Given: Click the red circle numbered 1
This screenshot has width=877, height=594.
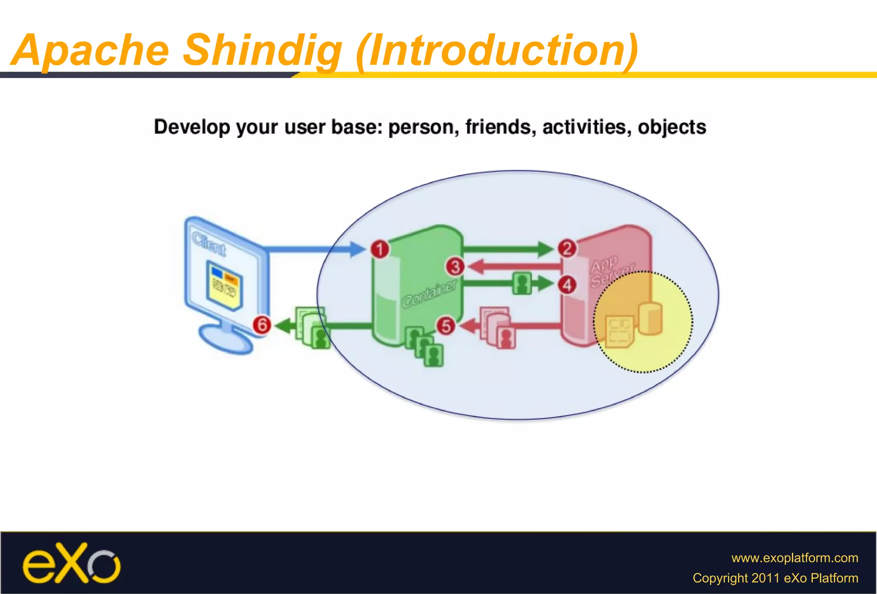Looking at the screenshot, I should [x=379, y=249].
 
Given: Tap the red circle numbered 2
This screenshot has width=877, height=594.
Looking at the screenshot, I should [x=567, y=248].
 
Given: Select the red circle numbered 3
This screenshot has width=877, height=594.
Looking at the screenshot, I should [x=455, y=267].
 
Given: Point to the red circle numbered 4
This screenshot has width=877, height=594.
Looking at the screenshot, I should [x=567, y=285].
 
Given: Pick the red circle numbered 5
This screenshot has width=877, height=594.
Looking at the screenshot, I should [x=446, y=326].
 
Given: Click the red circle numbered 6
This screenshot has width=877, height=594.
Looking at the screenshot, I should [x=262, y=324].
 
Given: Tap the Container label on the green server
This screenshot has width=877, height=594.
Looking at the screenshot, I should [x=430, y=294].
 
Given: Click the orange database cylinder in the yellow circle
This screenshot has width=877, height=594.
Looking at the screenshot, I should [x=650, y=318].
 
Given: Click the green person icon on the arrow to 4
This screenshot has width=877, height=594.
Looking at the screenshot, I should [x=522, y=283].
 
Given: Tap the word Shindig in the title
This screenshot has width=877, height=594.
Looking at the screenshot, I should [x=262, y=50].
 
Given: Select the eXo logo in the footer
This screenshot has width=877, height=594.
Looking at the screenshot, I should [x=71, y=564].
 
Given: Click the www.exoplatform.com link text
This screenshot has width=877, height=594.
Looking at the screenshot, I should [x=794, y=558].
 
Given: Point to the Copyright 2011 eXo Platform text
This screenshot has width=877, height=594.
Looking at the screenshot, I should [x=775, y=578].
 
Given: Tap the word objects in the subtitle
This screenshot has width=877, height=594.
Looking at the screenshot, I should [x=671, y=127].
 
